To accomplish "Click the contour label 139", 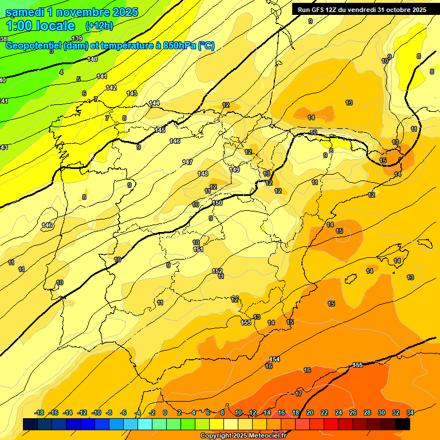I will [77, 54].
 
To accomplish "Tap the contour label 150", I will [217, 203].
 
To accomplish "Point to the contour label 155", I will [357, 365].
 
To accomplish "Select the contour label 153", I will [246, 323].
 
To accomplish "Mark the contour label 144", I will [154, 103].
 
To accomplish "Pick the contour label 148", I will [203, 174].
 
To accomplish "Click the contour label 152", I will [217, 271].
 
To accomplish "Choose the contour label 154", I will [274, 359].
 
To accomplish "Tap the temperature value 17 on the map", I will [298, 394].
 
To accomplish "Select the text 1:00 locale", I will [40, 26].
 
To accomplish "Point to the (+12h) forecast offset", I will [99, 26].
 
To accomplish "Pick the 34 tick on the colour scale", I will [410, 412].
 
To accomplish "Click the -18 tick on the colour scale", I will [40, 412].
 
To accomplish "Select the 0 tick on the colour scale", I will [165, 412].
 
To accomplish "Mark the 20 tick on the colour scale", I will [310, 412].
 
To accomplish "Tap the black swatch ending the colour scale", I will [403, 424].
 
